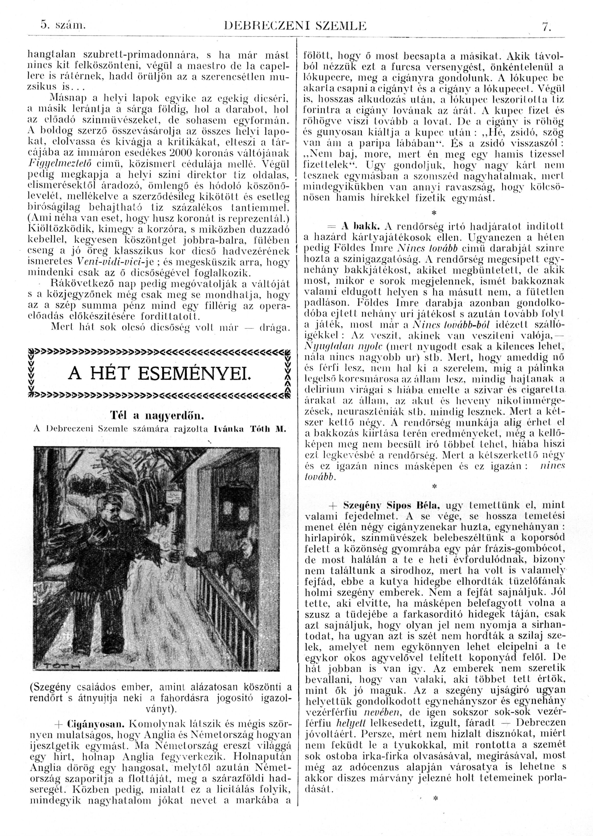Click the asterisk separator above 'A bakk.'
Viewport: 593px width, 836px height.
tap(434, 212)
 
